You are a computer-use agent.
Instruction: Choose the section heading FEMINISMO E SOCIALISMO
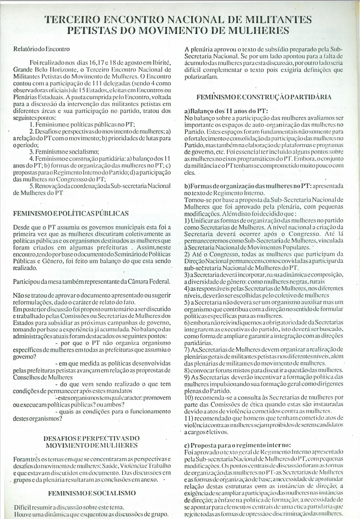click(x=92, y=493)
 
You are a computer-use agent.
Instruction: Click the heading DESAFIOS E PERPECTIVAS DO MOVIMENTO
click(x=92, y=442)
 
